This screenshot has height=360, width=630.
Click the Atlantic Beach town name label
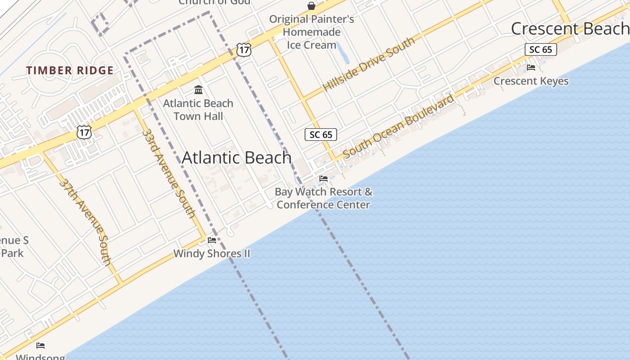point(237,157)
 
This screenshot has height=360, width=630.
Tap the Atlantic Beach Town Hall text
point(198,110)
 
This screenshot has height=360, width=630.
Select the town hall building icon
point(198,90)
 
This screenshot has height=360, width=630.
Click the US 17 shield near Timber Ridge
point(84,132)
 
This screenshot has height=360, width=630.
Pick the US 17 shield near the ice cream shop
point(243,49)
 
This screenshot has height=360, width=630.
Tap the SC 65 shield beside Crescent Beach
point(540,49)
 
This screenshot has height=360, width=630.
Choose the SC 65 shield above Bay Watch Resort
point(321,135)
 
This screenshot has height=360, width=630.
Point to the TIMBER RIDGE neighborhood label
point(70,71)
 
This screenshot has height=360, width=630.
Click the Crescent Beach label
point(570,29)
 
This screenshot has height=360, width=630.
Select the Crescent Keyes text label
point(531,81)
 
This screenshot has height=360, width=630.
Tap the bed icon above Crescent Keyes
point(531,67)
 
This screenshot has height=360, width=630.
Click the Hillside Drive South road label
point(369,64)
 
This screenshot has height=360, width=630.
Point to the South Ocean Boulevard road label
point(399,126)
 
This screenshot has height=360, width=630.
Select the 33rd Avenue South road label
point(169,173)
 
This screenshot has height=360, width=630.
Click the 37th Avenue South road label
point(85,222)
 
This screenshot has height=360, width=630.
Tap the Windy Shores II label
point(211,253)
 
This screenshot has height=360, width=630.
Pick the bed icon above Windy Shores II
point(212,240)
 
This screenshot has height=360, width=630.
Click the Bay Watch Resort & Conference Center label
point(324,198)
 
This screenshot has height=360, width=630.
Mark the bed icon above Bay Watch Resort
point(324,179)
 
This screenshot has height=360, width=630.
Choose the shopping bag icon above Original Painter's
point(311,6)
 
